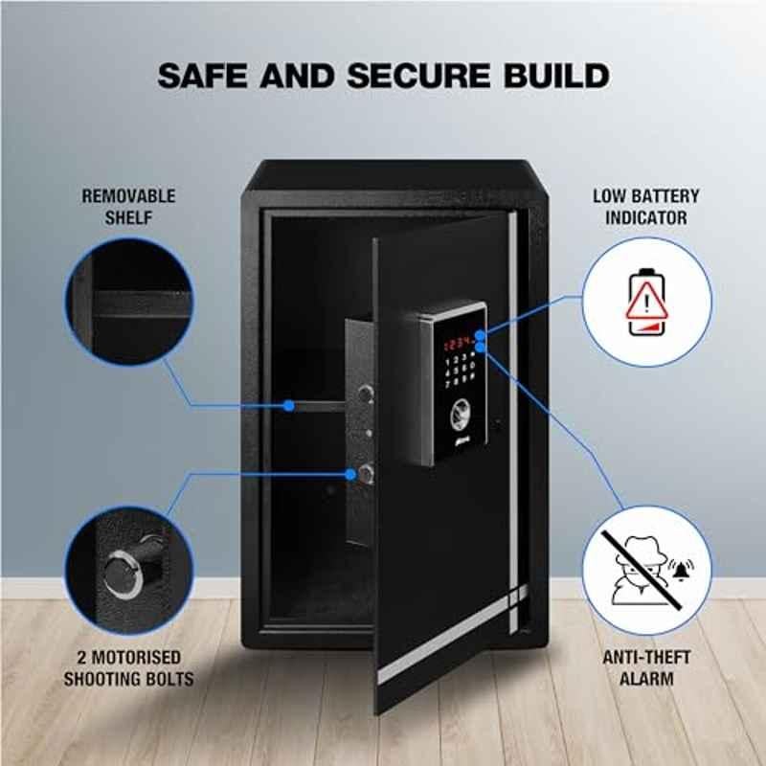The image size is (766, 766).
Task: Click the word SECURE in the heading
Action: (x=418, y=76)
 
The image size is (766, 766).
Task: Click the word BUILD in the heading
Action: (x=557, y=76)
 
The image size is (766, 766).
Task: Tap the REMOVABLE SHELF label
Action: (x=128, y=207)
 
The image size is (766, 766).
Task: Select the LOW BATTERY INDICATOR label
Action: (x=645, y=207)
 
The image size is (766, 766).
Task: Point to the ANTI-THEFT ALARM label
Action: (x=646, y=667)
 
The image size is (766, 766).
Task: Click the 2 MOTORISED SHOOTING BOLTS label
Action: (x=128, y=667)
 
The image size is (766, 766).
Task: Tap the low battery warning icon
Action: (x=647, y=302)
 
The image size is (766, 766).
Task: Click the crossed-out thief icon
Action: (x=641, y=571)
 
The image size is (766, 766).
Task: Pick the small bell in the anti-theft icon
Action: (x=681, y=569)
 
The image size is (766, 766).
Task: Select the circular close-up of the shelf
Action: (x=129, y=302)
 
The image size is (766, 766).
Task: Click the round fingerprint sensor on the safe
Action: (x=460, y=416)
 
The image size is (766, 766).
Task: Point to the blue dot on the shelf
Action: (x=289, y=405)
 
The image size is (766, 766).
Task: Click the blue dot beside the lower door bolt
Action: (x=350, y=474)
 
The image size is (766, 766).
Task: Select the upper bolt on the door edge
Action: (x=366, y=394)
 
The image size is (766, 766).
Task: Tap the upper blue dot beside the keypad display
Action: (x=481, y=335)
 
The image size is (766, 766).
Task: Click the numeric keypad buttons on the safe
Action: (x=460, y=372)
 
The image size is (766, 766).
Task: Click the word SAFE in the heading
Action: (x=202, y=76)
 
